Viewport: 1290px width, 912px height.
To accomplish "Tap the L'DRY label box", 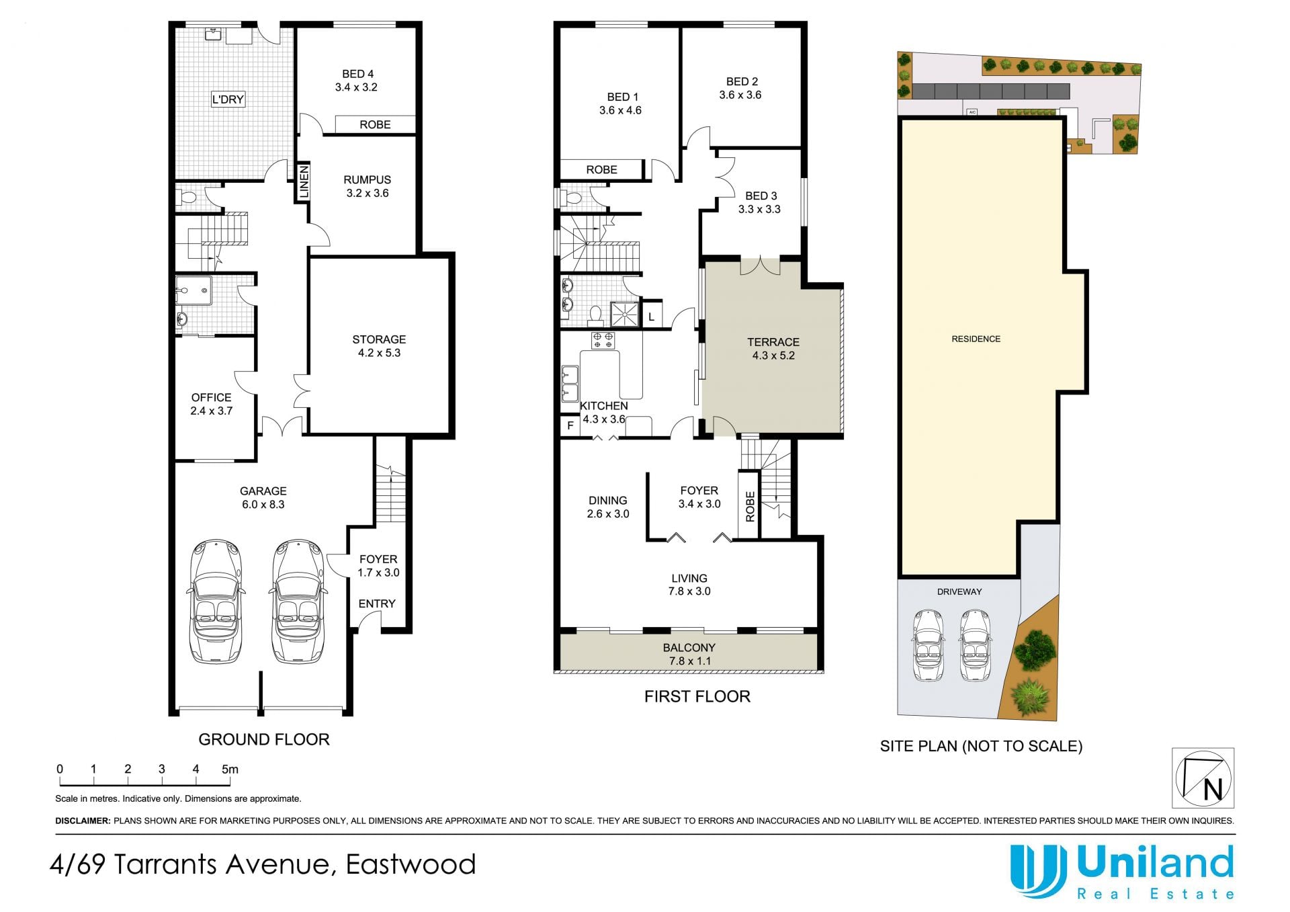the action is (x=228, y=99).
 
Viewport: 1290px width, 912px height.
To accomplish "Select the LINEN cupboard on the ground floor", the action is (x=304, y=181).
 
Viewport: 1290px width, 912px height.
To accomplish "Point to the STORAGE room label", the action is (x=379, y=346).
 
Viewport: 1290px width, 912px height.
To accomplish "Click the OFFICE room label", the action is (x=211, y=404).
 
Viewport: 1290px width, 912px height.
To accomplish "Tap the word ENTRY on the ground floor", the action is (x=377, y=604).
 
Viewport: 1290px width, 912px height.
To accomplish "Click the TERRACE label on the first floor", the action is (x=773, y=349).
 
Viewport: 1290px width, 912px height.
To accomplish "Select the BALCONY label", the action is (x=689, y=654).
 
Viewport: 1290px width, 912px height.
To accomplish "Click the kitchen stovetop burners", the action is (x=603, y=340).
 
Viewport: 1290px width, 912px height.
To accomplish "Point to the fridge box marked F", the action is (x=570, y=425).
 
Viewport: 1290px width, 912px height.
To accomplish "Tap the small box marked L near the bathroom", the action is (x=651, y=316).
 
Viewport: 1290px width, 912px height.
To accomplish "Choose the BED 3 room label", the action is (x=760, y=202).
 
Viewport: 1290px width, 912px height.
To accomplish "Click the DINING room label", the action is (x=608, y=507).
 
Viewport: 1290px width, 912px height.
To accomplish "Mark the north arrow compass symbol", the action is (x=1203, y=778).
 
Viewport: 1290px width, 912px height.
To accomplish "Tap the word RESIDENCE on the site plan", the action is (x=976, y=339).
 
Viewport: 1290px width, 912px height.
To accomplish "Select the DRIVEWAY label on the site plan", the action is (x=959, y=591).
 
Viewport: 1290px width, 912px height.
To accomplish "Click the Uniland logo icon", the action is (x=1039, y=872).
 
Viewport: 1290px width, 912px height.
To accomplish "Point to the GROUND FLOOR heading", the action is (x=264, y=739).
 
